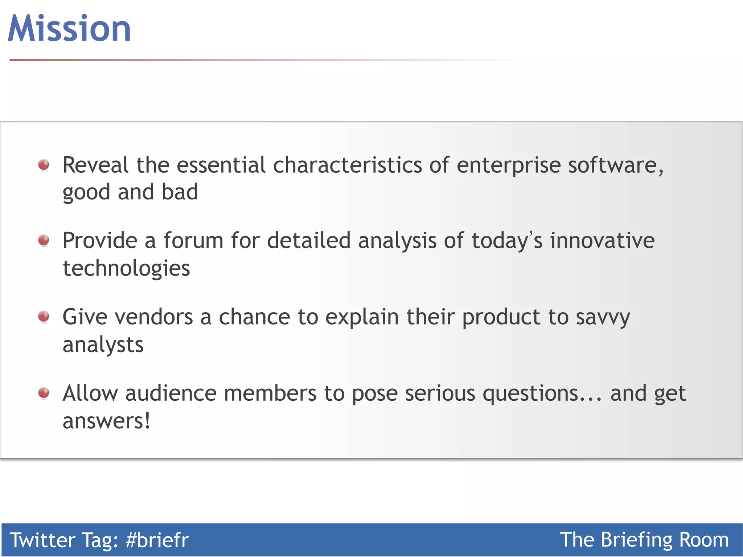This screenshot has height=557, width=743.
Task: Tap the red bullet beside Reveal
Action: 44,165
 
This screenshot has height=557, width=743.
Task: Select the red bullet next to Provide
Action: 44,240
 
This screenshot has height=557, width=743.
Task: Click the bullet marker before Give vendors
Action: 44,316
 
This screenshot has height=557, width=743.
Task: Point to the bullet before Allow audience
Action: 44,393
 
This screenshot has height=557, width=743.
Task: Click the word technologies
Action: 126,269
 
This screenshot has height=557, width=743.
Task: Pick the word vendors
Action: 154,317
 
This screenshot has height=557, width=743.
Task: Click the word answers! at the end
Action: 106,421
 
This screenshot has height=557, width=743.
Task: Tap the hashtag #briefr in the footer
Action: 157,540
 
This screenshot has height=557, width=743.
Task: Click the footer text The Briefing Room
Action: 644,540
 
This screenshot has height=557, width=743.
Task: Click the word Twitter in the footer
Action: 42,540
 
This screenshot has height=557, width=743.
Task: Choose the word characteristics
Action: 348,165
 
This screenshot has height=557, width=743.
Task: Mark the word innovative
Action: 602,241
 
